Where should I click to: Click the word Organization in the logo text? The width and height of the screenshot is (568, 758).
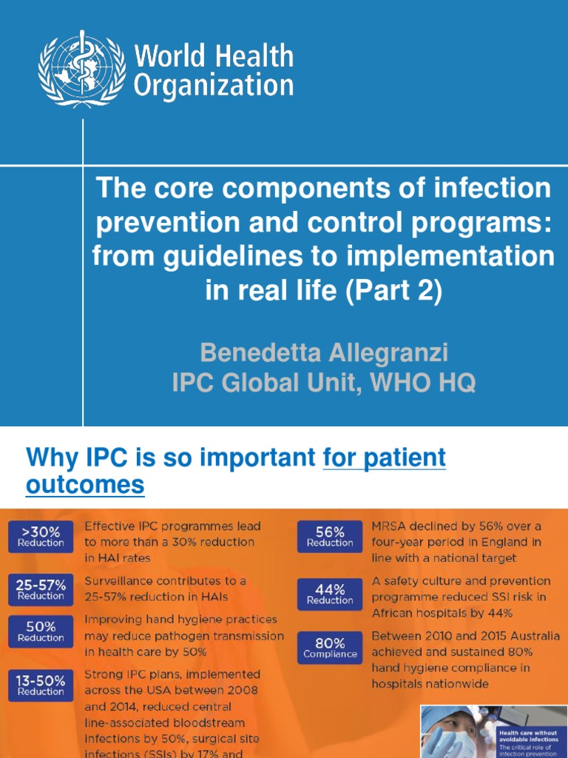coord(213,85)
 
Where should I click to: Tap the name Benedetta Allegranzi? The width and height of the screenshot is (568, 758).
coord(324,352)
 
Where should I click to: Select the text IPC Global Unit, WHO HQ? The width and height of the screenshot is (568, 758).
coord(324,383)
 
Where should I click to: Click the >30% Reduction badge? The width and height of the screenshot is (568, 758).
coord(41,537)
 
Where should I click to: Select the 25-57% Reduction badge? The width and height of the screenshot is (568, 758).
coord(41,589)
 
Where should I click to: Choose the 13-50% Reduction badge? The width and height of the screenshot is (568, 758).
coord(41,685)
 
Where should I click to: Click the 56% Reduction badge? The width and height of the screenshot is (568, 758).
coord(330,537)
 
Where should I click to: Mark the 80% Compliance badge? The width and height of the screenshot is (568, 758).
coord(330,648)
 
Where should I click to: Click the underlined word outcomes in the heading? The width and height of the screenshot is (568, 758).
coord(85,486)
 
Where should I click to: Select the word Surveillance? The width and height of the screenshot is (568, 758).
coord(121,581)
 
